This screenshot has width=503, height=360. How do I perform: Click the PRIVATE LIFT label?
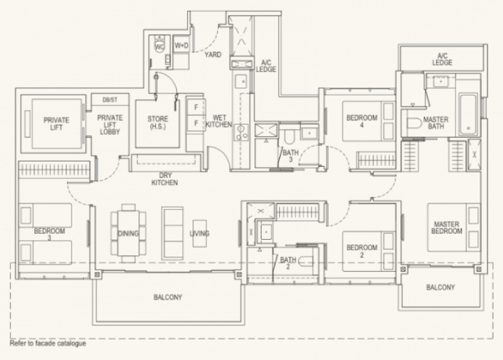pos(56,124)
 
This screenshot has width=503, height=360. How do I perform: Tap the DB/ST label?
pos(109,100)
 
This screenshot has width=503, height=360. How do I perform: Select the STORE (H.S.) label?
pos(157,122)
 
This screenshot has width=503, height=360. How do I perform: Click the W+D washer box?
pos(182,45)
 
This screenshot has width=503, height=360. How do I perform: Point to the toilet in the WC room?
pos(160,44)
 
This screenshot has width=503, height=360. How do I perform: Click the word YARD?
pos(213,55)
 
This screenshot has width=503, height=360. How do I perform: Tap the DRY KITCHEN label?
pos(165,179)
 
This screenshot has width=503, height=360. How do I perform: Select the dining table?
pos(128,232)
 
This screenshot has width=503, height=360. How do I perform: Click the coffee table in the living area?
pos(199,233)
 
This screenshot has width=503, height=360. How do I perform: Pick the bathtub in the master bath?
pos(468,114)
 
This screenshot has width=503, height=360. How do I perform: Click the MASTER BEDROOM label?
pos(447,227)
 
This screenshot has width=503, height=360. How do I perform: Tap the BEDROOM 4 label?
pos(362,121)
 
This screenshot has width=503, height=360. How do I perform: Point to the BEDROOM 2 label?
pos(362,251)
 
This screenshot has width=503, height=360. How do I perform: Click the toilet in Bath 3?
pos(289,136)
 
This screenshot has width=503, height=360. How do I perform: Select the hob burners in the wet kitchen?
pos(241,133)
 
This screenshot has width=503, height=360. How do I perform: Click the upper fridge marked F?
pos(195,107)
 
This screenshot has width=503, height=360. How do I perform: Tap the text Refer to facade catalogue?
pos(48,343)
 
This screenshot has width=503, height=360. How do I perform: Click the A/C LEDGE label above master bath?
pos(442,59)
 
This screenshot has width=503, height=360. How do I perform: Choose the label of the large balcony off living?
pos(168,297)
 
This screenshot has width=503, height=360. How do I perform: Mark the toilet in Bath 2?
pos(305,262)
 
